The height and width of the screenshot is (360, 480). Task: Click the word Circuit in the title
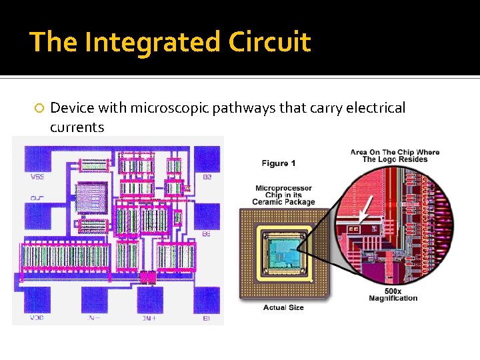tap(269, 43)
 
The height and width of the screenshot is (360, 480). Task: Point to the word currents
tap(77, 127)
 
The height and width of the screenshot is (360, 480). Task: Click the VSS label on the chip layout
tap(37, 177)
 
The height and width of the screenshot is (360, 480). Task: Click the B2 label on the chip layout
tap(207, 177)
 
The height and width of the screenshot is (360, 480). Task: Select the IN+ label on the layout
tap(149, 318)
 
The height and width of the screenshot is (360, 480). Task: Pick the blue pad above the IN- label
tap(93, 299)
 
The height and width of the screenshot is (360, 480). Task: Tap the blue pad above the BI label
tap(206, 299)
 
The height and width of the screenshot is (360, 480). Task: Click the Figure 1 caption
tap(279, 163)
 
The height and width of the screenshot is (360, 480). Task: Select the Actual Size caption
tap(284, 307)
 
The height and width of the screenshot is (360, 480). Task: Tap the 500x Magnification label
tap(393, 294)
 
